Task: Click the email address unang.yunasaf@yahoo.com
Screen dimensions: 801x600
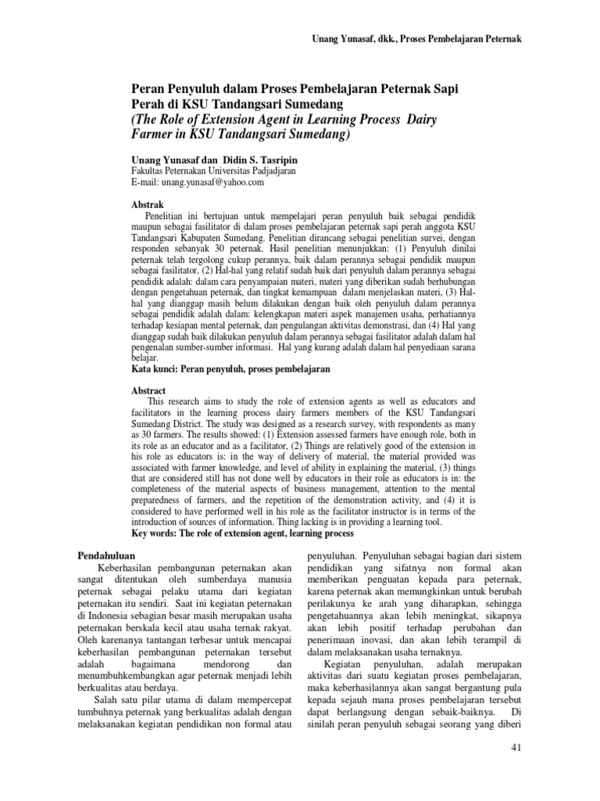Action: [x=198, y=182]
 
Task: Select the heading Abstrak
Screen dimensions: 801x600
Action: [x=147, y=203]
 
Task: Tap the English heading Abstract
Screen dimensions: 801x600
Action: [x=148, y=390]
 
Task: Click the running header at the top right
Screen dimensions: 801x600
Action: [x=416, y=38]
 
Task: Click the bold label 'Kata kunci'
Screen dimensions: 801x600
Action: [x=155, y=367]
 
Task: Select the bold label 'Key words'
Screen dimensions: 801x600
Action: [x=155, y=533]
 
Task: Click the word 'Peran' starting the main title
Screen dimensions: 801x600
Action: [x=149, y=89]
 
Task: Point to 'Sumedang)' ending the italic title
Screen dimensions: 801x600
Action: [x=318, y=134]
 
